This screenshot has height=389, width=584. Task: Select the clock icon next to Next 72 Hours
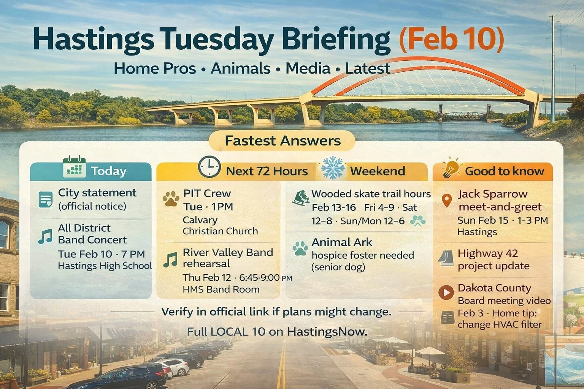[209, 167]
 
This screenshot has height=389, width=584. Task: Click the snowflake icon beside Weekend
[333, 168]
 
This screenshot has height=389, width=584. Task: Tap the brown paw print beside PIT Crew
[171, 199]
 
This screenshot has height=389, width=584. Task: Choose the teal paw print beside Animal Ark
[300, 248]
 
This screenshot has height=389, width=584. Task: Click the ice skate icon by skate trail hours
[301, 198]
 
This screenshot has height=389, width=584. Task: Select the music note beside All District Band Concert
[45, 236]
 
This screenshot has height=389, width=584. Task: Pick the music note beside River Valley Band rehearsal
[170, 259]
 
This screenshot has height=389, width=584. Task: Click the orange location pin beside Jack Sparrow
[447, 200]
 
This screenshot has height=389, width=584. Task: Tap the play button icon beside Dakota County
[446, 292]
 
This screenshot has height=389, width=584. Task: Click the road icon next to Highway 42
[446, 258]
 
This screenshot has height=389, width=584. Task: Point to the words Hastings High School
[105, 266]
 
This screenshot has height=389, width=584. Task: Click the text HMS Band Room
[221, 289]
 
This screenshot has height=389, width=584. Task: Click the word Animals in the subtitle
[240, 68]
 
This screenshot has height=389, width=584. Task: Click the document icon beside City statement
[46, 199]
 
